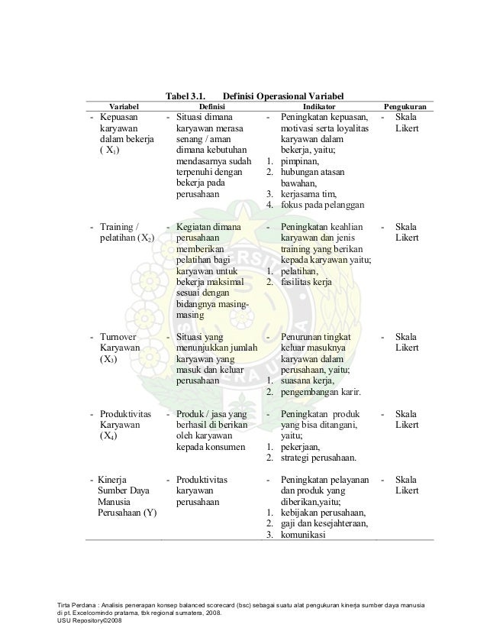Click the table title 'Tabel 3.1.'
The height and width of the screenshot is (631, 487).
click(x=184, y=95)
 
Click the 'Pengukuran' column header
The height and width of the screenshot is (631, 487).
click(x=405, y=106)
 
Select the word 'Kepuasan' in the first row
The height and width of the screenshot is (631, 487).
click(x=122, y=118)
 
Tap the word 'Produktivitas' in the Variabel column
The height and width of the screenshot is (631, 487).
click(x=125, y=414)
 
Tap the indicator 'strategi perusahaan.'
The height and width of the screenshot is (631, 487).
click(x=320, y=458)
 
